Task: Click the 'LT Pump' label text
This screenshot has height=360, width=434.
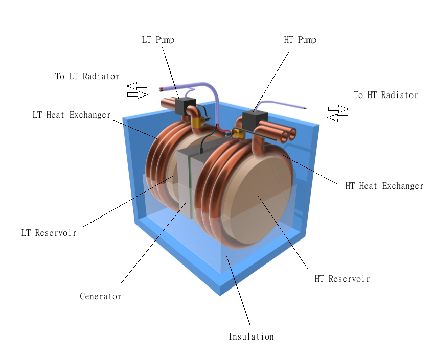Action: pyautogui.click(x=158, y=40)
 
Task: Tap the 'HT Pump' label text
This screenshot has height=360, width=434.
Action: pyautogui.click(x=300, y=40)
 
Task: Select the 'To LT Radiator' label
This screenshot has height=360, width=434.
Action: pyautogui.click(x=87, y=77)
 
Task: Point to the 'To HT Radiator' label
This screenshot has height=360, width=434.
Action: pyautogui.click(x=385, y=95)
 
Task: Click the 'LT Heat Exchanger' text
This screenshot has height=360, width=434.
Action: pyautogui.click(x=71, y=115)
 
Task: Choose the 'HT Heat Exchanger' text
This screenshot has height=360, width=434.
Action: pyautogui.click(x=384, y=186)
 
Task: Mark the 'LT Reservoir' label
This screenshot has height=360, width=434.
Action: pyautogui.click(x=49, y=233)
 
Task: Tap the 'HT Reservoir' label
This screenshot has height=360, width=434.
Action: pyautogui.click(x=342, y=279)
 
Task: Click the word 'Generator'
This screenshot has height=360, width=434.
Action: pyautogui.click(x=100, y=296)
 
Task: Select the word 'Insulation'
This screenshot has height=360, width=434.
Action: pyautogui.click(x=251, y=337)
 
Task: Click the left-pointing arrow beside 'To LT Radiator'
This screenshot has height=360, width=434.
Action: pyautogui.click(x=137, y=86)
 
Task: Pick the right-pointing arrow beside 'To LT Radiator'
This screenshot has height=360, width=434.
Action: pyautogui.click(x=138, y=94)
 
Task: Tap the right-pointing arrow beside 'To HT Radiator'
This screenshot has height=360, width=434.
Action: pyautogui.click(x=338, y=109)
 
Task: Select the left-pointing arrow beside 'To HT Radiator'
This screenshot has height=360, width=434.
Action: pyautogui.click(x=338, y=117)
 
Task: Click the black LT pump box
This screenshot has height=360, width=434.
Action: pyautogui.click(x=182, y=106)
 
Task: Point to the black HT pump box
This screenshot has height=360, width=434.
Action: pyautogui.click(x=252, y=121)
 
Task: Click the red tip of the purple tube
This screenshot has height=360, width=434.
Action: pyautogui.click(x=163, y=89)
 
